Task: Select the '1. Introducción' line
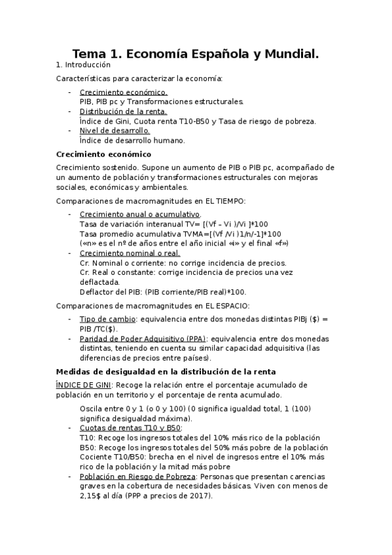84,65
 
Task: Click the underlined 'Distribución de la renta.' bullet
123,111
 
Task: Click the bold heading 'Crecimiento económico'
103,154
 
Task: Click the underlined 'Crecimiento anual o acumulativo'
139,215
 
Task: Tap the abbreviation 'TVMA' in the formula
185,234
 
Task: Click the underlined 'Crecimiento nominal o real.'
130,253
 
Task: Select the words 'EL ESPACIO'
227,306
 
